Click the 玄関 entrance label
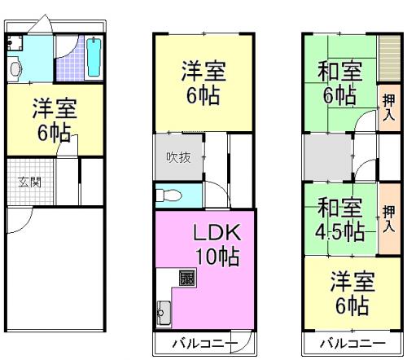click(x=30, y=182)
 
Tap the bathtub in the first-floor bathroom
click(x=94, y=57)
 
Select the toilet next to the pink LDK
click(x=168, y=195)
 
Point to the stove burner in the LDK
click(x=187, y=278)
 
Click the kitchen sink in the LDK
click(x=164, y=313)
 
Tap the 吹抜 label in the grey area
click(x=178, y=157)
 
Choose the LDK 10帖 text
click(x=217, y=244)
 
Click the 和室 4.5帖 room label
click(x=340, y=219)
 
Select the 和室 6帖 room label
click(x=340, y=83)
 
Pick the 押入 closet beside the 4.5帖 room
click(x=389, y=219)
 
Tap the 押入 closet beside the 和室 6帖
click(x=389, y=108)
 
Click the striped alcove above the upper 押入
click(x=390, y=58)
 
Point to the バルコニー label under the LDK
click(x=205, y=344)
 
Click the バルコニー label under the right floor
click(x=352, y=344)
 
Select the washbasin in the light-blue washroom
click(x=15, y=69)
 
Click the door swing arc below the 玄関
click(x=25, y=225)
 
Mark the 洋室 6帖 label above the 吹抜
click(x=203, y=83)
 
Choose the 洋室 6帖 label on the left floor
click(x=55, y=120)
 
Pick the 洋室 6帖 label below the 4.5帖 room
click(x=352, y=293)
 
